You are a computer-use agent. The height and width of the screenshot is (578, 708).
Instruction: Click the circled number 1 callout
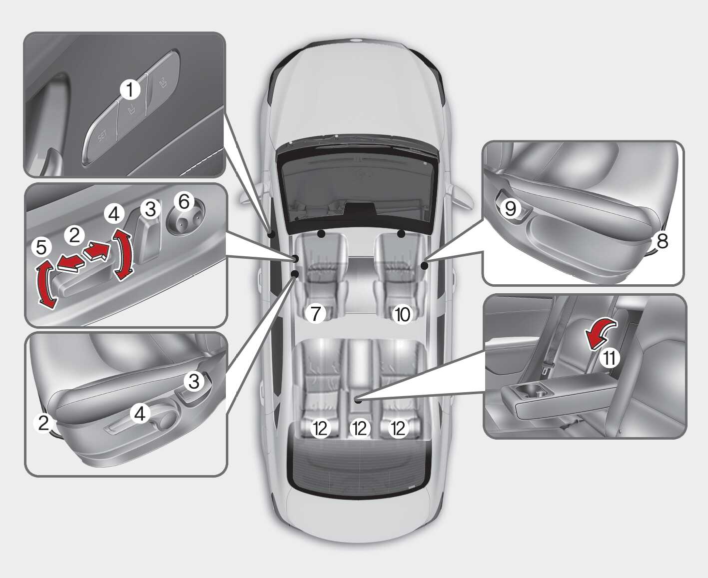click(130, 89)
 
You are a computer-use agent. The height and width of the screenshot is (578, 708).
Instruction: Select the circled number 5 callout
click(41, 247)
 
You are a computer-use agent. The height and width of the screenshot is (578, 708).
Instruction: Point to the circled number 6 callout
click(184, 202)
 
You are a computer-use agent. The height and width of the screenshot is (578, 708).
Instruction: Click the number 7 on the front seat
click(315, 314)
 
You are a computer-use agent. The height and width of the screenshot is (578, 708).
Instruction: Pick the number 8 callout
click(662, 241)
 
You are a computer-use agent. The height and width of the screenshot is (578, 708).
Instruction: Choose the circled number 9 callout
click(510, 209)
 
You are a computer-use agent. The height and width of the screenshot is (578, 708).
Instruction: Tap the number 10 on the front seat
click(403, 314)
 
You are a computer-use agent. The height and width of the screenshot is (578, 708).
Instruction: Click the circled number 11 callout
click(610, 358)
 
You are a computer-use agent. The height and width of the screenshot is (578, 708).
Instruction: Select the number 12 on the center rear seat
click(360, 429)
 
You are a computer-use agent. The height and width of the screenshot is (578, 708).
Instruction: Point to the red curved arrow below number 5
click(46, 283)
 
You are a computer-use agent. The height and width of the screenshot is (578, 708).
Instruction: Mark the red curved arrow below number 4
click(122, 254)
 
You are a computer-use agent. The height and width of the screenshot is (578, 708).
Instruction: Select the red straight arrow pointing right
click(97, 251)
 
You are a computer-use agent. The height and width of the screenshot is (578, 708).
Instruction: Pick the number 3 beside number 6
click(150, 209)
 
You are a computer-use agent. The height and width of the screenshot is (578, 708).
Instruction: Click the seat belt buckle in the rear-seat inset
click(545, 369)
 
